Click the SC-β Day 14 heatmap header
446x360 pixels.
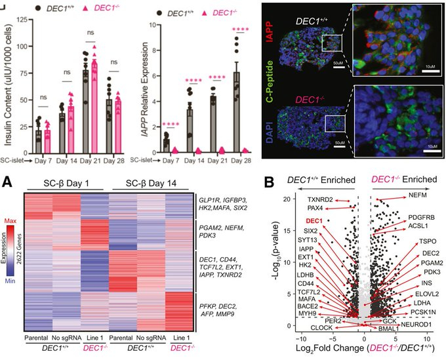[140, 181]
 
